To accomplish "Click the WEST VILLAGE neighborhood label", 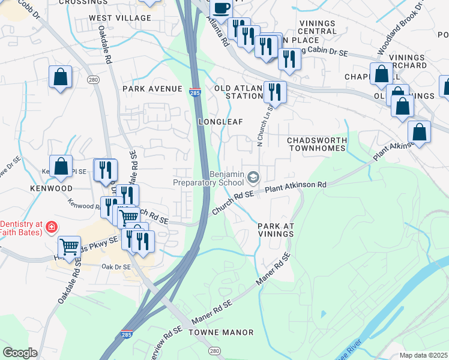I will click(x=120, y=18).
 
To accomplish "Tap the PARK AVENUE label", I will click(x=152, y=89).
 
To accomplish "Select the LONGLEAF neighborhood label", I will click(x=221, y=122).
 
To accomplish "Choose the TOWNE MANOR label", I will click(x=221, y=332).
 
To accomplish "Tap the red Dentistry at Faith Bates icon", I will click(x=52, y=227).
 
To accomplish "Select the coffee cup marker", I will click(x=221, y=8).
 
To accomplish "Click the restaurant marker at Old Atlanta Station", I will click(x=275, y=92).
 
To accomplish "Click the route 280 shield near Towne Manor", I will click(x=214, y=350).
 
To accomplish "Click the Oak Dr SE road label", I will click(x=115, y=266).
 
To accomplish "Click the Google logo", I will click(x=20, y=353).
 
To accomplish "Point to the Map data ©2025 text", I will click(x=423, y=355).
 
